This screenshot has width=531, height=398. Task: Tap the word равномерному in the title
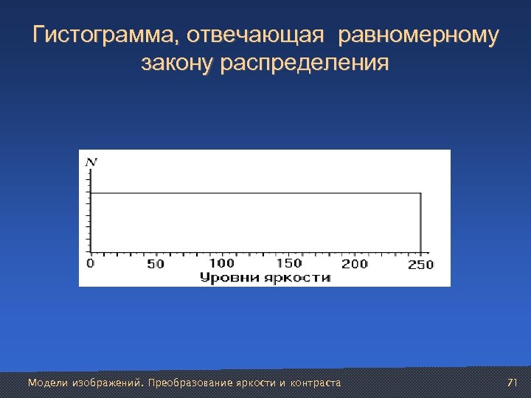(x=417, y=35)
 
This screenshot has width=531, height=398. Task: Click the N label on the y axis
(x=91, y=161)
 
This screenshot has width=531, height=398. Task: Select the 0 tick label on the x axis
(x=91, y=263)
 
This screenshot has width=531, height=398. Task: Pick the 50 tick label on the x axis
(x=156, y=264)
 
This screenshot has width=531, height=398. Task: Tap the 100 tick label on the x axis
(x=221, y=263)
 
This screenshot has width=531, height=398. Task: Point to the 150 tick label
(x=288, y=263)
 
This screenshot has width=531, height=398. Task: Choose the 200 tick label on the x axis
(x=355, y=264)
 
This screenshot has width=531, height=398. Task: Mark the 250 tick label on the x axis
(x=420, y=265)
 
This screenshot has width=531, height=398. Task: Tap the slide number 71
(x=513, y=383)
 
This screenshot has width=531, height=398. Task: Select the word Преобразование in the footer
(x=190, y=383)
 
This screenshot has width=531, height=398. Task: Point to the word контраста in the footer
(x=316, y=383)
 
